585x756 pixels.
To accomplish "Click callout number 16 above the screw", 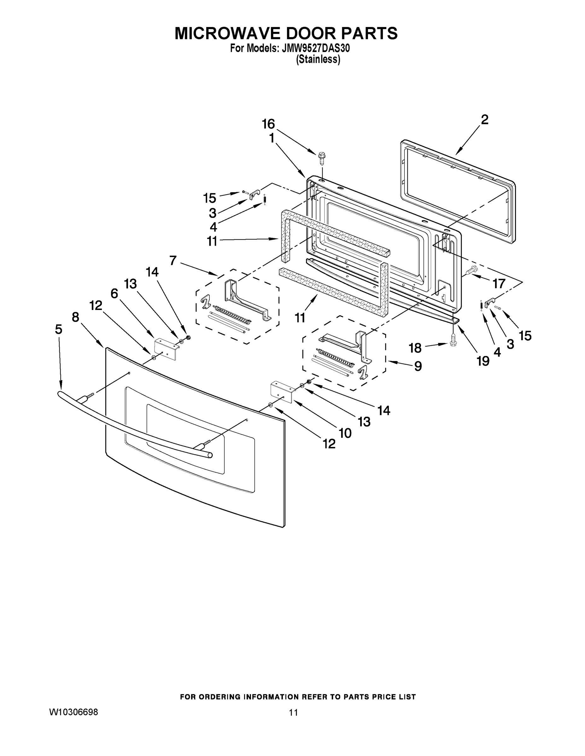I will [x=268, y=123].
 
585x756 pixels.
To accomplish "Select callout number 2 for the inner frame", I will [x=484, y=120].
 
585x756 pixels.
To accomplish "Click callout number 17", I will [x=499, y=284].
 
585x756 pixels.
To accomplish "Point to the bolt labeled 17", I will [x=472, y=270].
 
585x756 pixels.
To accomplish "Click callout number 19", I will [x=483, y=361].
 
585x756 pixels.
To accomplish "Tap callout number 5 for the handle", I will [x=59, y=329].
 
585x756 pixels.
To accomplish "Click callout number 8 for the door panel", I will [x=76, y=317].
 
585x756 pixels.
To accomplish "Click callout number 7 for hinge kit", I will [x=173, y=260].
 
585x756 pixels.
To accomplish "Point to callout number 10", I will [x=345, y=433].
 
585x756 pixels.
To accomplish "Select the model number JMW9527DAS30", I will [x=316, y=49].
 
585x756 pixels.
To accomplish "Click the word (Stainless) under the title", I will [x=318, y=60].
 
